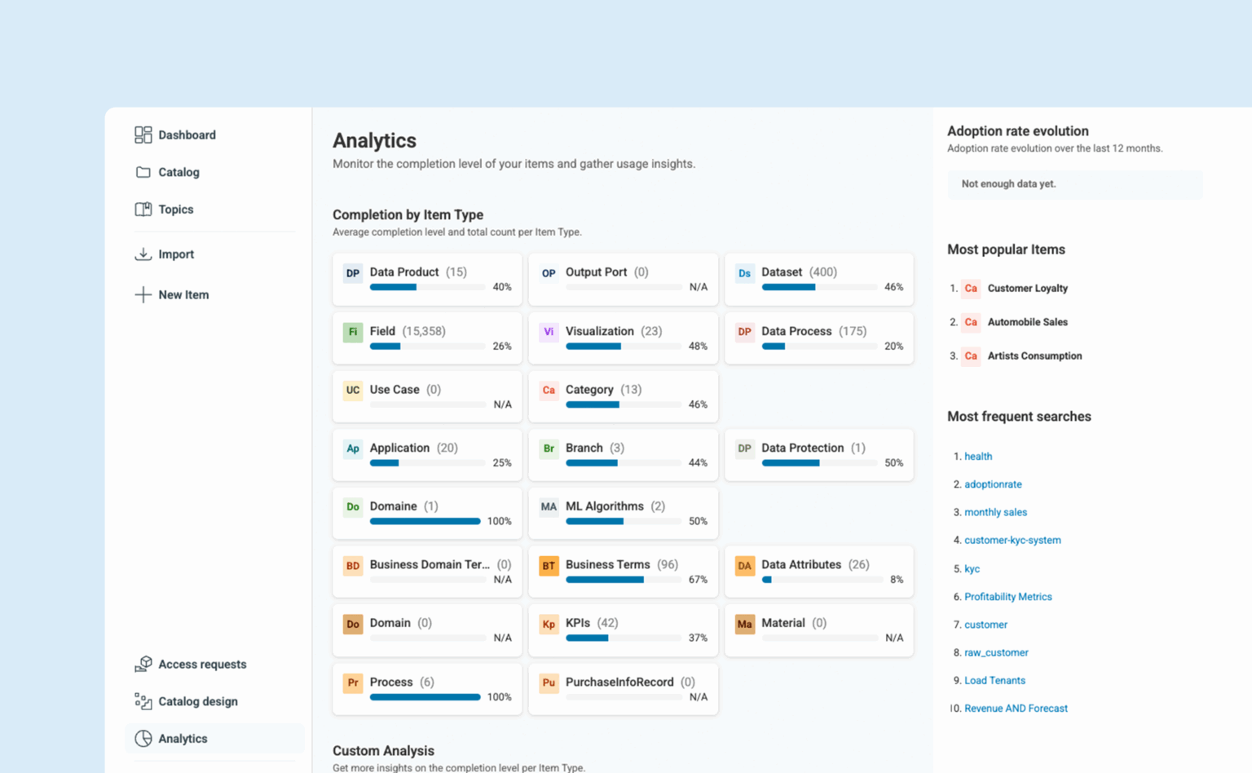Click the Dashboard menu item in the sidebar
tap(186, 135)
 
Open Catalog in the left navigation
tap(178, 172)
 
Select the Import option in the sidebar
tap(175, 254)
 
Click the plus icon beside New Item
tap(143, 294)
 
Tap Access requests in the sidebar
tap(201, 665)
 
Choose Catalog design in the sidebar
tap(197, 701)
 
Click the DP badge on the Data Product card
tap(352, 273)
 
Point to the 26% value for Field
tap(502, 347)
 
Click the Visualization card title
tap(599, 331)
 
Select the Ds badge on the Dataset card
tap(744, 273)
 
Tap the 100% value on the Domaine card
tap(499, 521)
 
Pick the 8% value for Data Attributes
tap(897, 580)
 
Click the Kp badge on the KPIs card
tap(549, 625)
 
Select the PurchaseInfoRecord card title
tap(619, 682)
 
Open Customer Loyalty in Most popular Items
tap(1027, 289)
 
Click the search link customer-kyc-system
tap(1012, 540)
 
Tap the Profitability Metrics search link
tap(1007, 597)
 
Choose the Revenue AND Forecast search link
tap(1016, 709)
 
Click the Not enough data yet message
tap(1008, 184)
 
